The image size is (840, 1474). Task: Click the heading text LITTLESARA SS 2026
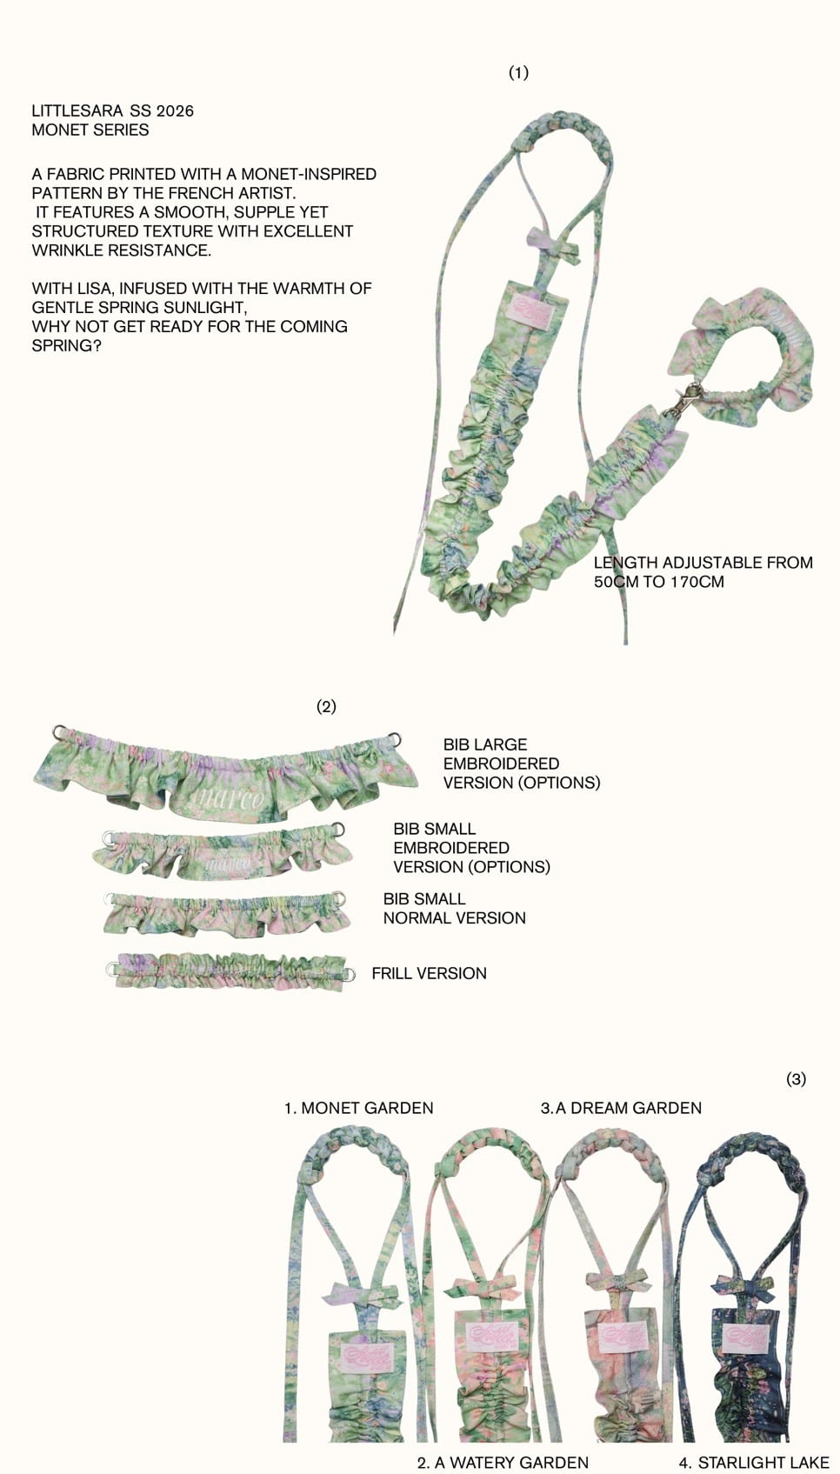pos(112,110)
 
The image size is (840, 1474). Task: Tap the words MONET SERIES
pos(90,130)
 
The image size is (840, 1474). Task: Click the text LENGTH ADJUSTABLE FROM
pos(703,563)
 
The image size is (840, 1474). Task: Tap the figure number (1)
pos(518,72)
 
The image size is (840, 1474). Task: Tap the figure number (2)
pos(326,706)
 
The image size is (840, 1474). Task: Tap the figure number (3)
pos(796,1079)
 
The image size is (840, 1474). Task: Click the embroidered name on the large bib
pos(227,798)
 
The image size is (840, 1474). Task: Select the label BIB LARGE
pos(484,744)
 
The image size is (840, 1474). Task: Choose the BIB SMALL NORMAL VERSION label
pos(454,908)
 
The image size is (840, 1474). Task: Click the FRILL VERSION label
pos(429,973)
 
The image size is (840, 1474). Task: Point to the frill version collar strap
pos(230,970)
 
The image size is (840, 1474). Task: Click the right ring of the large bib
pos(396,740)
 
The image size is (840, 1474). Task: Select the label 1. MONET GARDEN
pos(358,1108)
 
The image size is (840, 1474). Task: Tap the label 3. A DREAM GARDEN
pos(621,1108)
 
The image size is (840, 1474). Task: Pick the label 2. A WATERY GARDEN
pos(503,1463)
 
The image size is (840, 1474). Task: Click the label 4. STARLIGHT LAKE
pos(753,1463)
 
